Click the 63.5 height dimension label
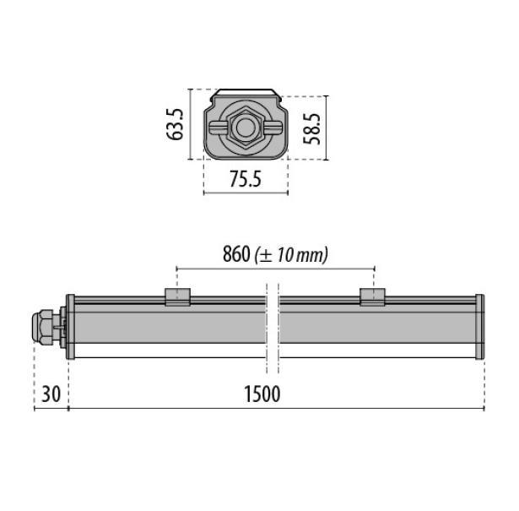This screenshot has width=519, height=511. pos(176,123)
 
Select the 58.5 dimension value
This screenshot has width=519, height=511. pos(313,127)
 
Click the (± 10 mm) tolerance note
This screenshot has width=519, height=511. pos(291,254)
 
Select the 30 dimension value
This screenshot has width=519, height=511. pos(49,394)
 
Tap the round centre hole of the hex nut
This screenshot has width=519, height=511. pos(246,128)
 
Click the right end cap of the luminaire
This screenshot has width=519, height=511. pos(480,327)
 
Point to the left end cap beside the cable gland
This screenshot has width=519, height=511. pos(71,327)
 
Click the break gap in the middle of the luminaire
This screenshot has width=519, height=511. pos(272,327)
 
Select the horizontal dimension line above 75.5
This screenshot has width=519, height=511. pos(246,193)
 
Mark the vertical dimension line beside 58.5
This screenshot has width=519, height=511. pos(327,127)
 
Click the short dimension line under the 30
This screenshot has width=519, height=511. pos(51,409)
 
